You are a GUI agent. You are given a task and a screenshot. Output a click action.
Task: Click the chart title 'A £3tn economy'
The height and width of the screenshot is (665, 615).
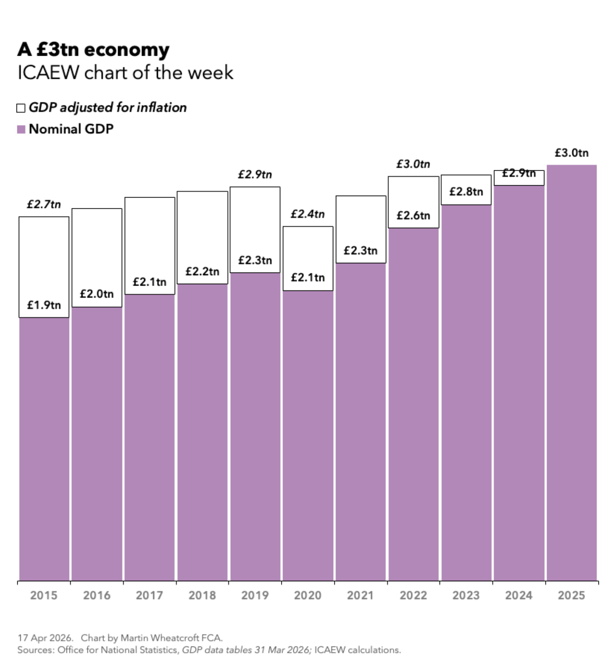tap(93, 50)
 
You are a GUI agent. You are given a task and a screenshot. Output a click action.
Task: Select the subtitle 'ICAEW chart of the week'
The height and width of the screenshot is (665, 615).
tap(125, 73)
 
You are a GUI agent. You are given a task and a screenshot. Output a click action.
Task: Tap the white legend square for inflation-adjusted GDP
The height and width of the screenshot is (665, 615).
tap(21, 108)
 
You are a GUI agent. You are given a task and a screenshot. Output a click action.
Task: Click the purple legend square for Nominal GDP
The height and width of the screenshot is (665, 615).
tap(21, 129)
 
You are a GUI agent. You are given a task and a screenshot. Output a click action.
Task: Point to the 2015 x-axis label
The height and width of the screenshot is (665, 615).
tap(43, 595)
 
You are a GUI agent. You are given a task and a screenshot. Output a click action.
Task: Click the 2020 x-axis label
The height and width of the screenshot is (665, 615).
tap(307, 595)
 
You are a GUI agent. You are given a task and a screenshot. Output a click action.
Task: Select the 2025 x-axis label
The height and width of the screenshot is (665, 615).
tap(571, 595)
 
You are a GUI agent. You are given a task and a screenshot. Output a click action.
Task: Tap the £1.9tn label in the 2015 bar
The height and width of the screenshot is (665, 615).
tap(43, 305)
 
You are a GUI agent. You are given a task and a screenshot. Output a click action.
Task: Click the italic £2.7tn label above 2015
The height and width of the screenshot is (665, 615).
tap(43, 204)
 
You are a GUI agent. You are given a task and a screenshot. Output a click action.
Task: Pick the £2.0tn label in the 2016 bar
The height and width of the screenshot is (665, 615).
tap(96, 294)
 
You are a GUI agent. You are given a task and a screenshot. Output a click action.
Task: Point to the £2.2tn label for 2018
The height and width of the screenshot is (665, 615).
tap(202, 271)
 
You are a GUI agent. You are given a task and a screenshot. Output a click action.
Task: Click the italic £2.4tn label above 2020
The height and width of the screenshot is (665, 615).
tap(307, 214)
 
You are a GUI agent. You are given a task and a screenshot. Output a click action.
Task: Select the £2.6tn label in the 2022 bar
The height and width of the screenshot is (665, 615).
tap(413, 215)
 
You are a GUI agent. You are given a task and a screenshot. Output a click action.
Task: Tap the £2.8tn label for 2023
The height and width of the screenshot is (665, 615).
tap(466, 191)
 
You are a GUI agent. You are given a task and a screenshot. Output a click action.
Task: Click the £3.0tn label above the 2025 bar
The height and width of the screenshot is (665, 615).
tap(571, 153)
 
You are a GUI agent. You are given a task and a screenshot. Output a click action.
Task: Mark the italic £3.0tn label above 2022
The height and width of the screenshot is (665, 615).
tap(413, 164)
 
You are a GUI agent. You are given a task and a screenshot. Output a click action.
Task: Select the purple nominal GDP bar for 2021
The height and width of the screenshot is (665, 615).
tap(361, 423)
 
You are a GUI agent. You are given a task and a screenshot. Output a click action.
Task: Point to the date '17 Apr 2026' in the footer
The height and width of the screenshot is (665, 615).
tap(45, 638)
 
